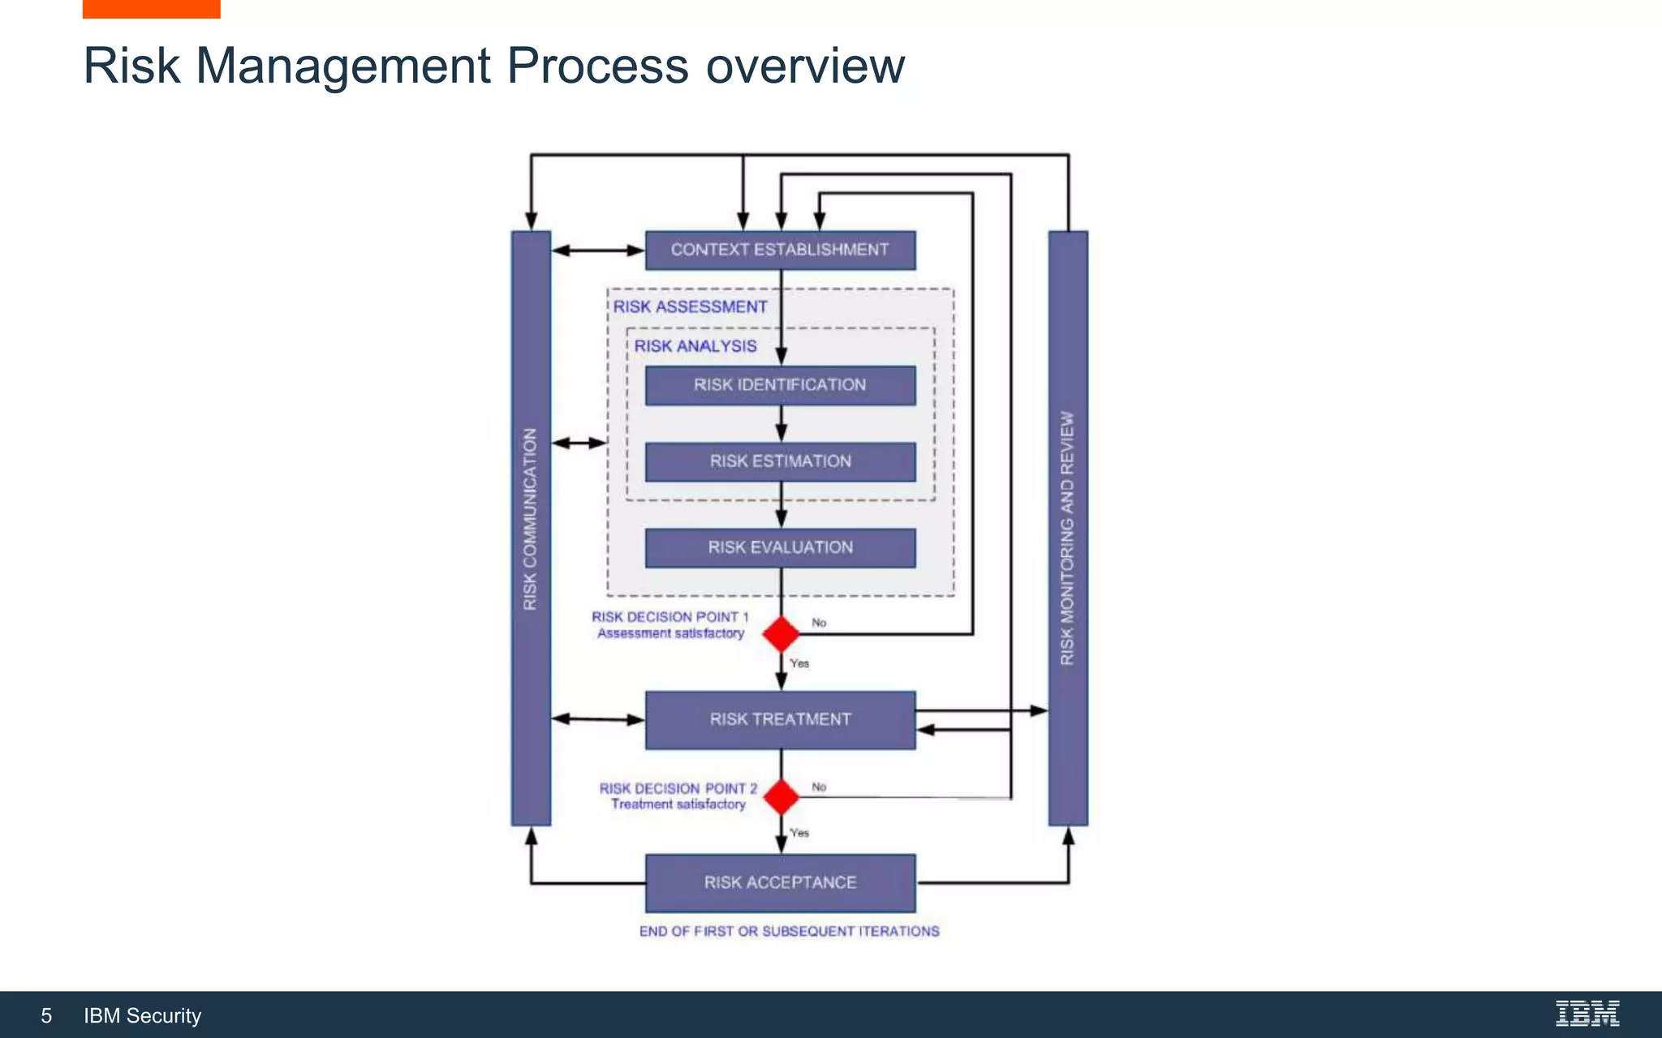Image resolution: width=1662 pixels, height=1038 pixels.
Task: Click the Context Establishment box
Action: pyautogui.click(x=780, y=250)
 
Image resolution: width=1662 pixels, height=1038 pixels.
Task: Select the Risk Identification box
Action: pyautogui.click(x=780, y=385)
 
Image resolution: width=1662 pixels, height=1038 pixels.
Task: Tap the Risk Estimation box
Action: pyautogui.click(x=780, y=461)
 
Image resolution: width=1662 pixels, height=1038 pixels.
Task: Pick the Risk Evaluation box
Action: pyautogui.click(x=780, y=547)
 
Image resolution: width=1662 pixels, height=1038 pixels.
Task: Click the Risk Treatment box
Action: pyautogui.click(x=780, y=719)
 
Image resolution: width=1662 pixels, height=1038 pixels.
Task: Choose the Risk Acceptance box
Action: pyautogui.click(x=780, y=882)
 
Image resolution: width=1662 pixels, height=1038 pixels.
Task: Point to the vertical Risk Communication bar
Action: pyautogui.click(x=531, y=527)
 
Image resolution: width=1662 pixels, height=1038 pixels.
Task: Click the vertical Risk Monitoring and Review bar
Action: pyautogui.click(x=1068, y=527)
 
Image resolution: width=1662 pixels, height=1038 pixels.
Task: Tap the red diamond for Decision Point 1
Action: pyautogui.click(x=781, y=634)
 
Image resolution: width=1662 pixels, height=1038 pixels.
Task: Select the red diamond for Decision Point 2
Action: pyautogui.click(x=781, y=797)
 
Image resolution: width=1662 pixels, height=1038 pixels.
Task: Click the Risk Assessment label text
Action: pyautogui.click(x=690, y=307)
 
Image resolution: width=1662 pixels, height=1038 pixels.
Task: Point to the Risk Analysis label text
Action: pyautogui.click(x=695, y=346)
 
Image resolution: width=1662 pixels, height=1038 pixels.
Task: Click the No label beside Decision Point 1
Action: pyautogui.click(x=819, y=623)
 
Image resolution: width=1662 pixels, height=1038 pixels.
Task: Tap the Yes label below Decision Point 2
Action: pyautogui.click(x=799, y=833)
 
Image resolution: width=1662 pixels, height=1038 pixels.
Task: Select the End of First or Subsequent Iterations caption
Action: pyautogui.click(x=789, y=932)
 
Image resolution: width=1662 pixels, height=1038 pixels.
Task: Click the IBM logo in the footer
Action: pyautogui.click(x=1587, y=1014)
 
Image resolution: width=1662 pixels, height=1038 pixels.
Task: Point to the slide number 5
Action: pyautogui.click(x=46, y=1016)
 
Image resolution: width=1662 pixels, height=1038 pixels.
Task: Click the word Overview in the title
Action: pyautogui.click(x=804, y=66)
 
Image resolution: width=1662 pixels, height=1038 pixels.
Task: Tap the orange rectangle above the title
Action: pyautogui.click(x=151, y=9)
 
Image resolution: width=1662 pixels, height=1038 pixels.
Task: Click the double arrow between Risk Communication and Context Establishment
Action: pyautogui.click(x=598, y=251)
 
